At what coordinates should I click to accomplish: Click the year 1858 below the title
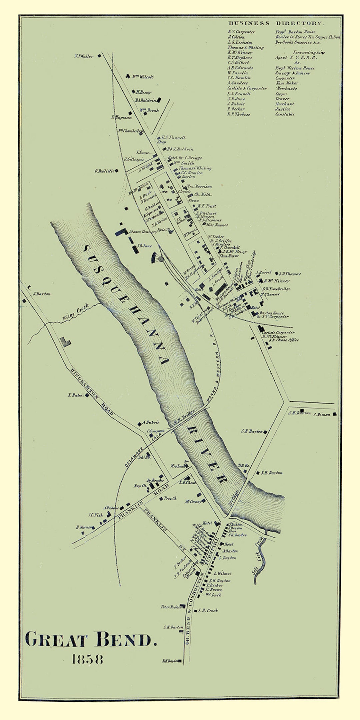87,659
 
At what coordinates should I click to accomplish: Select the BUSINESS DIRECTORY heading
276,23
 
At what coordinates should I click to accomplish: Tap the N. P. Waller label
84,56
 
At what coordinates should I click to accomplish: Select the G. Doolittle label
105,171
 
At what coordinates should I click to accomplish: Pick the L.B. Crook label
208,610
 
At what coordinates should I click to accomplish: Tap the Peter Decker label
171,607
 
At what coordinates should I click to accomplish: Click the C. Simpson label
156,431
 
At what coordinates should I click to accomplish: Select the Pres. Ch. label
170,498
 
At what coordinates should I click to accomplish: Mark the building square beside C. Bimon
334,414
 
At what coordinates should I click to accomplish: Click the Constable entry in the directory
285,114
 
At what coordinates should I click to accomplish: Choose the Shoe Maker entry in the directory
287,83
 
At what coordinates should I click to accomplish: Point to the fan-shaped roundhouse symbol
156,258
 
